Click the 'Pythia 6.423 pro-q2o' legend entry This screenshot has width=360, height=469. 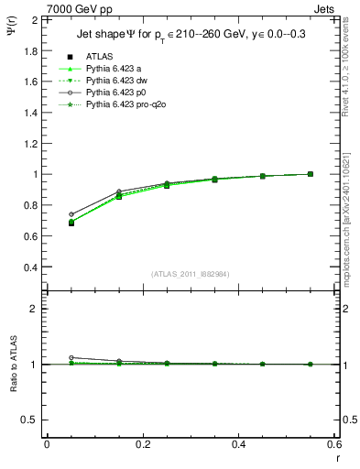pyautogui.click(x=125, y=106)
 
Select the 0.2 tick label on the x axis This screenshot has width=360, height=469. pyautogui.click(x=143, y=444)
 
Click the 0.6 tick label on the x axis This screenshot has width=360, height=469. pyautogui.click(x=335, y=444)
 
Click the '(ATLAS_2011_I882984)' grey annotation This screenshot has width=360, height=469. pyautogui.click(x=191, y=274)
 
